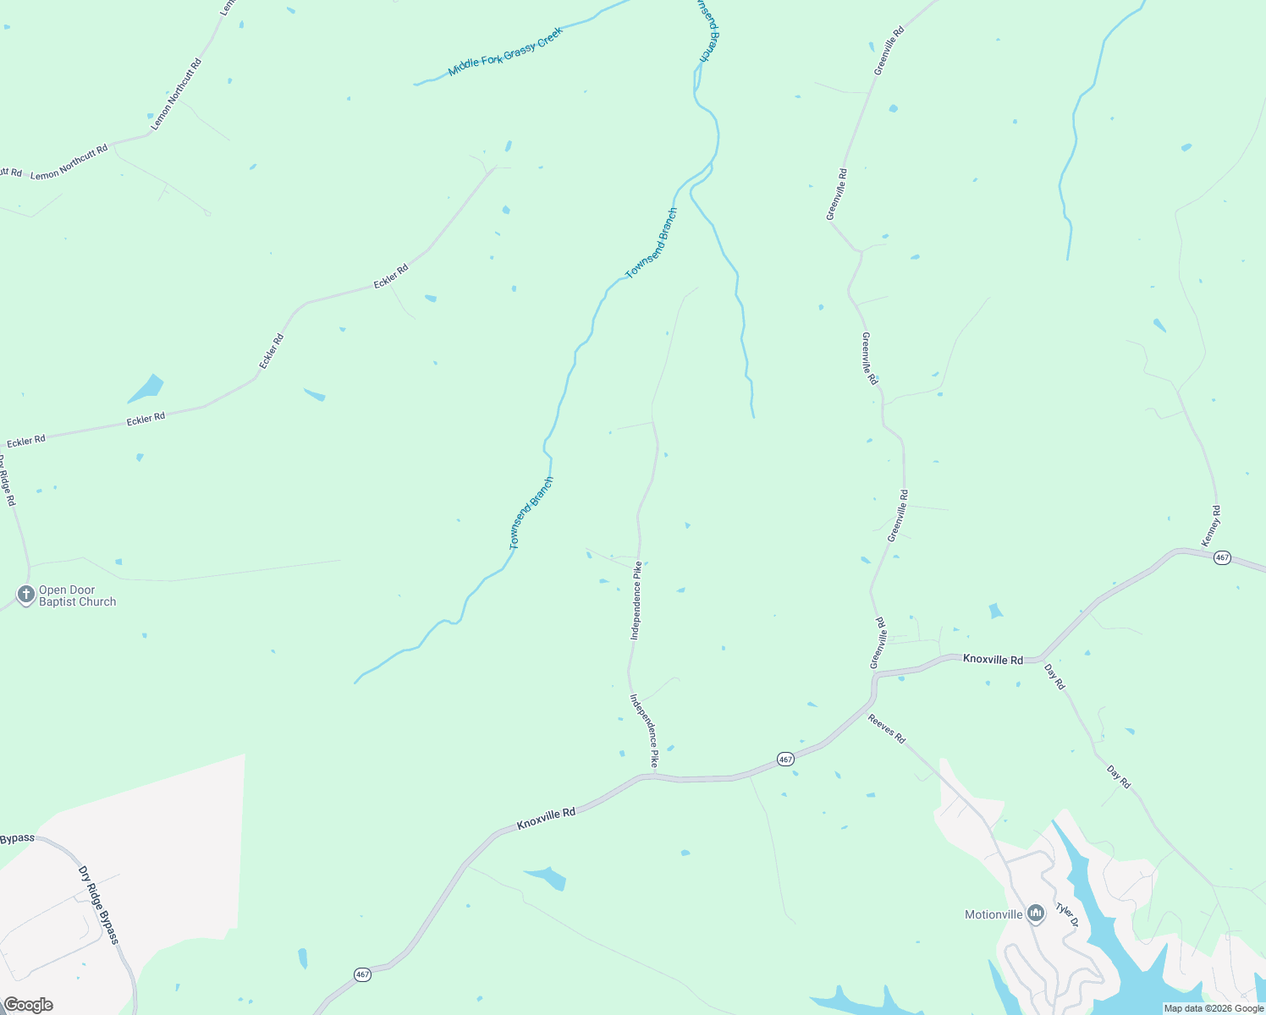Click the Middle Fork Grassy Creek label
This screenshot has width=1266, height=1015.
tap(505, 52)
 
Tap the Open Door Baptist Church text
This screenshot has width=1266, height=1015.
tap(77, 596)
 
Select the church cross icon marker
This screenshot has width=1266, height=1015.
tap(26, 595)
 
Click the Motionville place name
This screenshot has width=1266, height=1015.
tap(994, 914)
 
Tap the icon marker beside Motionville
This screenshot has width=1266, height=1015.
tap(1036, 913)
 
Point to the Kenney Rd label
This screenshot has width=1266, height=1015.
tap(1212, 525)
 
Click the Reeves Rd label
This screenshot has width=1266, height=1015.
tap(887, 729)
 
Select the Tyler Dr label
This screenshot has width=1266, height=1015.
tap(1066, 915)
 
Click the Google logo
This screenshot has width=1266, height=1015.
tap(28, 1005)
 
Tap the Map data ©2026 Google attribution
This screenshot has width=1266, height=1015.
tap(1214, 1008)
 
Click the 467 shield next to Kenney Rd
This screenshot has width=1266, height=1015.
tap(1221, 558)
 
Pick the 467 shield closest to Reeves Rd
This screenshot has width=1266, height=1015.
tap(785, 760)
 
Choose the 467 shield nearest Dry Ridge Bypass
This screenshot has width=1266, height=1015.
tap(362, 974)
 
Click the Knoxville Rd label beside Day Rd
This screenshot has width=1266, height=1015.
tap(993, 660)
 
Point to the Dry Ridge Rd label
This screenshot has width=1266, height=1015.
tap(8, 482)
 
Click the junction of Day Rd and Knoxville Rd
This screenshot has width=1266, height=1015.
tap(1042, 657)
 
